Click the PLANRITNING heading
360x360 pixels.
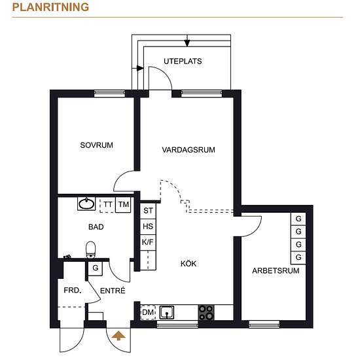pos(50,7)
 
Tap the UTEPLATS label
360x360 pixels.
pos(183,62)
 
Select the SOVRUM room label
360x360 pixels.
pos(96,145)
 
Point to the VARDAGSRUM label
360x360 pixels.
pos(189,150)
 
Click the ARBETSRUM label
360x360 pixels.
pos(276,271)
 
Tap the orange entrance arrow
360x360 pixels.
pos(118,336)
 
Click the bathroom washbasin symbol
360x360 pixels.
pos(86,204)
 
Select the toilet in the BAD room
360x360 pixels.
pos(91,250)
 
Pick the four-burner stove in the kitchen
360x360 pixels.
pos(206,312)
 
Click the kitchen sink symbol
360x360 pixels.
pos(167,312)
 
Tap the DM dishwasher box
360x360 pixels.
pos(148,312)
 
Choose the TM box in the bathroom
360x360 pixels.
pos(123,204)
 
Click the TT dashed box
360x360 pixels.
pos(108,205)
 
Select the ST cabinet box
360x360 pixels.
pos(148,211)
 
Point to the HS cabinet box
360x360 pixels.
pos(148,226)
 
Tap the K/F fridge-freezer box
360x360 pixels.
pos(148,242)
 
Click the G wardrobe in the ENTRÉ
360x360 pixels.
pos(96,268)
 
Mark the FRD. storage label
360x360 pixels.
pos(73,291)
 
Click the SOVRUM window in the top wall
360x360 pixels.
pos(109,93)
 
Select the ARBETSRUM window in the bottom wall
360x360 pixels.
pos(264,324)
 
